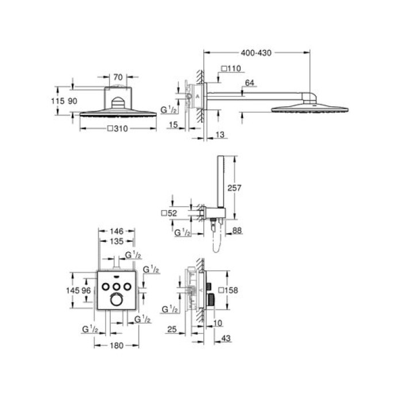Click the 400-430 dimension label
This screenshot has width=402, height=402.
(256, 53)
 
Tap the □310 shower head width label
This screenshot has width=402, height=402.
(117, 130)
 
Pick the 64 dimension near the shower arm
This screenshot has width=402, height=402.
(249, 83)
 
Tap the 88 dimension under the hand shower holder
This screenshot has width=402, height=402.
(237, 231)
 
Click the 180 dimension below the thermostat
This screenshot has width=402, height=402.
(117, 346)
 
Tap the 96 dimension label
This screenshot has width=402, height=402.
(86, 291)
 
